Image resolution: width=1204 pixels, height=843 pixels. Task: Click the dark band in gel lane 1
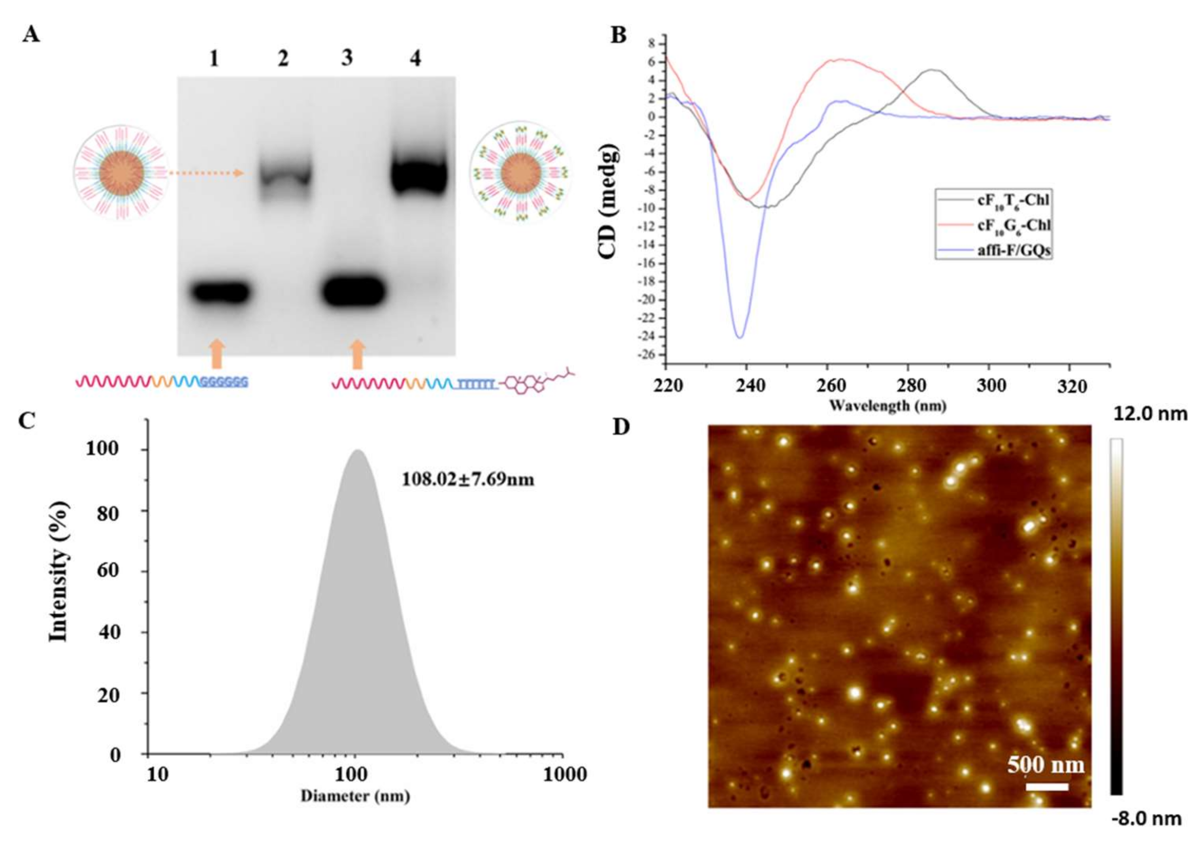[x=220, y=292]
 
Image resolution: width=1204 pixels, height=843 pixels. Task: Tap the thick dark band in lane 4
[x=420, y=176]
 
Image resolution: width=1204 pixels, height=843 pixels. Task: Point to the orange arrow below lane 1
[x=217, y=354]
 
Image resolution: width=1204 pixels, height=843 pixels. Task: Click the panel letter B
[x=619, y=36]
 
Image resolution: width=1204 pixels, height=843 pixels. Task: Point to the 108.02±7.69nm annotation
[x=468, y=480]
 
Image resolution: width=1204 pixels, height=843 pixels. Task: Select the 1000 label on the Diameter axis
[x=565, y=774]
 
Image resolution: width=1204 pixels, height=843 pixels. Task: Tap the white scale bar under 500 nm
[x=1047, y=787]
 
